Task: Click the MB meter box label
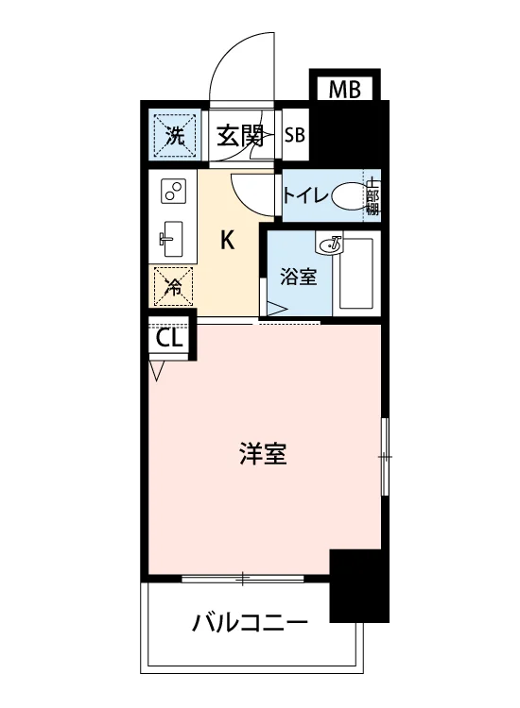[344, 89]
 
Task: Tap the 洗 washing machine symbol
[175, 134]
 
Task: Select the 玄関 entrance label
[239, 135]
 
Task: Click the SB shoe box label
[295, 135]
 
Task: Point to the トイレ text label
[305, 196]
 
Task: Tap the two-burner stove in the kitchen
[174, 191]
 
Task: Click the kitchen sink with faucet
[171, 239]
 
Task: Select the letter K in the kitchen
[228, 240]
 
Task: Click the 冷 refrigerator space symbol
[173, 286]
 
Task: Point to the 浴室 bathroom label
[298, 277]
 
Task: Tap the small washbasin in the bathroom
[331, 244]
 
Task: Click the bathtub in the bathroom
[356, 273]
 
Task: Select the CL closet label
[169, 337]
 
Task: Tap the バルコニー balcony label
[250, 624]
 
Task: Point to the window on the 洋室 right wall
[385, 457]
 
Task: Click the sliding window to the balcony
[243, 579]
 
